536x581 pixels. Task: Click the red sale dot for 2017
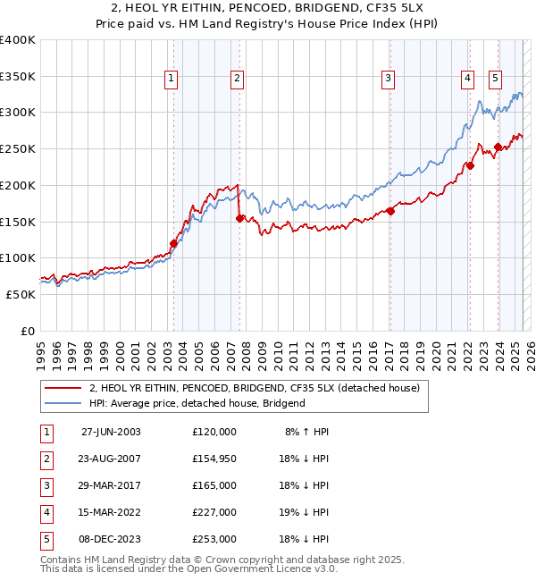390,211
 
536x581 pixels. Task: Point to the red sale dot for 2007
239,218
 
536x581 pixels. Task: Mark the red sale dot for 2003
173,243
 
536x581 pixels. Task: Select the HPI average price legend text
197,403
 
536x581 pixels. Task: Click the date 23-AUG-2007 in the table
111,458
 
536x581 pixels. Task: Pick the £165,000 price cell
214,484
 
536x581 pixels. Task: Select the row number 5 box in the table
46,538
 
